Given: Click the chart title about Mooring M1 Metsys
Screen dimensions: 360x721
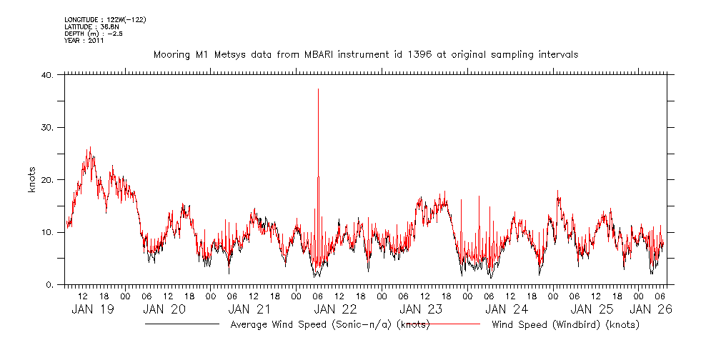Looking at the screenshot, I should coord(365,54).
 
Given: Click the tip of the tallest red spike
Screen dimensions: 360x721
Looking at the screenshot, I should coord(318,89).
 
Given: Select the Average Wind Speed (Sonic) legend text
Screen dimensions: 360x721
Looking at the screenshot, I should coord(330,325).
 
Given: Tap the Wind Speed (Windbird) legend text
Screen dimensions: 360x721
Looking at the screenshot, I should coord(565,325).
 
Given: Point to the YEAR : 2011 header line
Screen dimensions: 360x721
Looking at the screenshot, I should coord(84,41).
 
